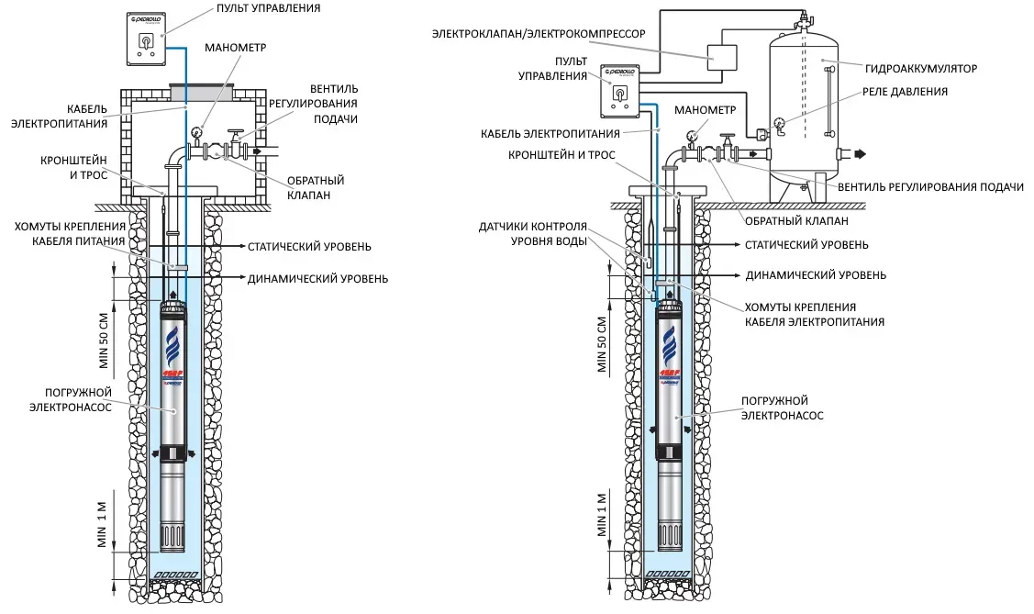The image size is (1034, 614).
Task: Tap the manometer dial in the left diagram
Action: click(x=196, y=132)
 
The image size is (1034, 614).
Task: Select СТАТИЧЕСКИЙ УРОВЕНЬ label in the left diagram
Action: click(x=309, y=247)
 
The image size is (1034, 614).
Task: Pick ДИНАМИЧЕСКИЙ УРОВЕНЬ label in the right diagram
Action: click(x=815, y=274)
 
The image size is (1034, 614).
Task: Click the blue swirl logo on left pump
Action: click(x=172, y=347)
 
